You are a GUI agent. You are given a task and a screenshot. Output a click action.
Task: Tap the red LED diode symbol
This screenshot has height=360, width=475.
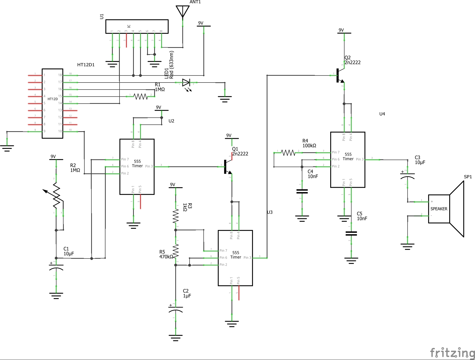[186, 83]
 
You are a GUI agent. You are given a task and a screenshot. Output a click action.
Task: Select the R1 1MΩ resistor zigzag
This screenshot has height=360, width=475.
[140, 97]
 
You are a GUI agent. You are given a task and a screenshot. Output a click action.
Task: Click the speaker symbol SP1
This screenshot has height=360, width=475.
[446, 209]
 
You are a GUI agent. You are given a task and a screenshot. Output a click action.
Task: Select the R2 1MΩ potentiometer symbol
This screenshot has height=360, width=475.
[56, 195]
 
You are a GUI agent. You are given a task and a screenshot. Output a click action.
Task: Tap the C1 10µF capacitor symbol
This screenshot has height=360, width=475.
[56, 267]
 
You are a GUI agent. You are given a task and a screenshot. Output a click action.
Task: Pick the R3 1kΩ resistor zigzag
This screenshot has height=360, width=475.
[176, 216]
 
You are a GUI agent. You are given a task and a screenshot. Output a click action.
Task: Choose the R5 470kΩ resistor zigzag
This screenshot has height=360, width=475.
[176, 251]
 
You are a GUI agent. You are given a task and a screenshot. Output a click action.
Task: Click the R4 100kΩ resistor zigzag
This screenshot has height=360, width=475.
[288, 153]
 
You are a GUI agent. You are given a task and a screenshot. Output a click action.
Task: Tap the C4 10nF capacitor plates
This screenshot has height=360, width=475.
[302, 192]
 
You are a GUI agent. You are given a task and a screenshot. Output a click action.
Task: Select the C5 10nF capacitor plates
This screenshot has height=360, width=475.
[351, 233]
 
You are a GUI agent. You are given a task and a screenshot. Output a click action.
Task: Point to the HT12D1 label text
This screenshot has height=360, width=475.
[86, 65]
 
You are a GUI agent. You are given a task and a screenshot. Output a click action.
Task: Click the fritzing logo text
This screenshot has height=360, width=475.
[452, 353]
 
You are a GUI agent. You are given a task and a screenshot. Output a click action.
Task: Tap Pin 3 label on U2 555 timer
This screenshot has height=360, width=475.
[149, 166]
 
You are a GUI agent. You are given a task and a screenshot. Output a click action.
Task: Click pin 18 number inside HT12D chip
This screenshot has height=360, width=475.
[60, 75]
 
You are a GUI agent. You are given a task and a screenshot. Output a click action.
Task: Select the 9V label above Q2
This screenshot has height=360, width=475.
[341, 30]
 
